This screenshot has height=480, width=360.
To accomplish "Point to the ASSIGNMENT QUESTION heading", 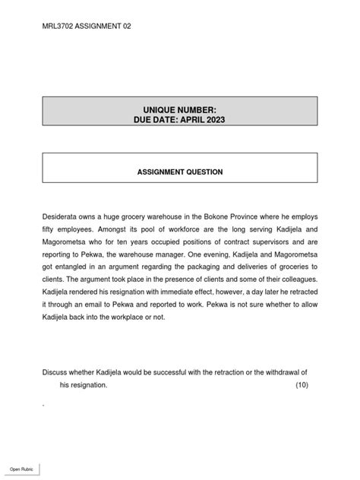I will [180, 172].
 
